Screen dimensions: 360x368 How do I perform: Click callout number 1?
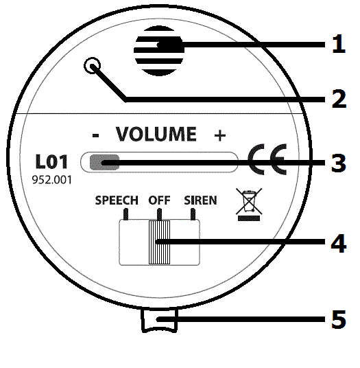[x=339, y=44]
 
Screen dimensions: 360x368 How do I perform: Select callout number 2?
[x=339, y=99]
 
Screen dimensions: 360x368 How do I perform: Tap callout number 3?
[x=339, y=163]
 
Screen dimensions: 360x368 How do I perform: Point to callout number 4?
[x=339, y=243]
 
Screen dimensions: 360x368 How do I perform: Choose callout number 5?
[x=339, y=319]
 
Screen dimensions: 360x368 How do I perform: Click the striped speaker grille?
[x=158, y=51]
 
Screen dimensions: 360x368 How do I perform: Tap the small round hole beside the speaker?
[x=93, y=65]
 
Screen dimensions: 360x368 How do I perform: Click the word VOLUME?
[x=156, y=134]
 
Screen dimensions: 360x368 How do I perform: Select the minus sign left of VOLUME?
[x=95, y=135]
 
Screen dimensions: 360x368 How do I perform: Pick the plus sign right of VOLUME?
[x=220, y=135]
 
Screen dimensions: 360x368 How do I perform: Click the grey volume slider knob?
[x=104, y=162]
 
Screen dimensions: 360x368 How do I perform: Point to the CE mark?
[x=267, y=159]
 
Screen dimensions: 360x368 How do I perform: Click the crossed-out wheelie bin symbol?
[x=249, y=205]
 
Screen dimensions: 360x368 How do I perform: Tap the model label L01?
[x=51, y=162]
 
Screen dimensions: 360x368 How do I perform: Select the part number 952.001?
[x=52, y=180]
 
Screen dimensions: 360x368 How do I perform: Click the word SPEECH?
[x=117, y=200]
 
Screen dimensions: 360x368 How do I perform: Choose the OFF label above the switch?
[x=159, y=200]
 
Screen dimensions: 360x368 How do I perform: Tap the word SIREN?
[x=200, y=200]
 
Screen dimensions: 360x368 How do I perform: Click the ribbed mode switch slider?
[x=159, y=242]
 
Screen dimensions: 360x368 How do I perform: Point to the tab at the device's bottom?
[x=159, y=320]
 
